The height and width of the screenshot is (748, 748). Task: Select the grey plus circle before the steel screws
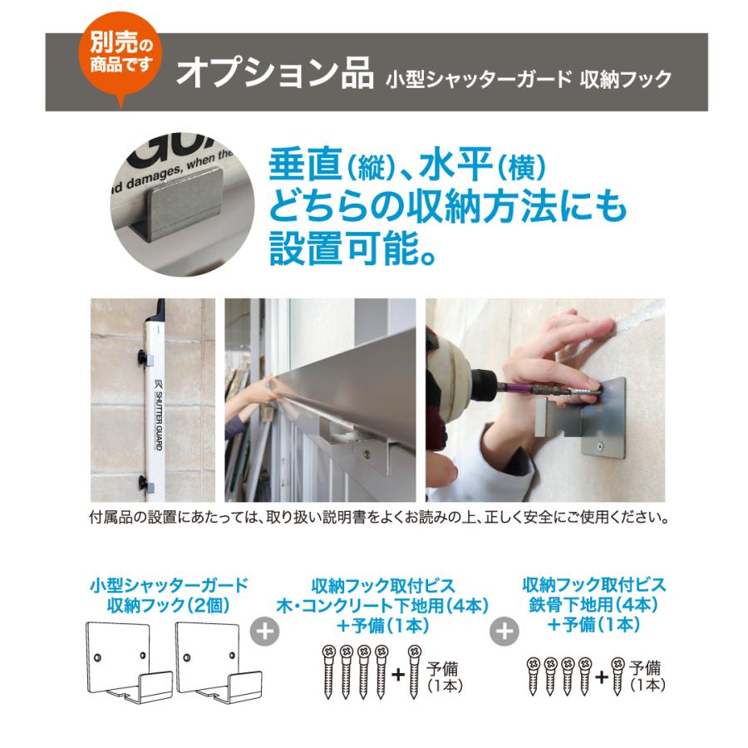(x=503, y=631)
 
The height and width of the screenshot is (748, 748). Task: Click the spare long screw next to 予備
(x=413, y=674)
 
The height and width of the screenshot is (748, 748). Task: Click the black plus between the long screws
(x=396, y=674)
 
